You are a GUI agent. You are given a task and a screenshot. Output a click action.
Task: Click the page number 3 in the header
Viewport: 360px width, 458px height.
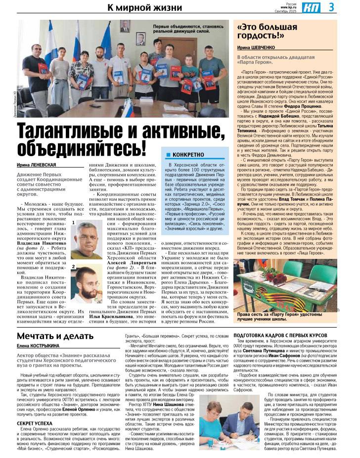click(346, 7)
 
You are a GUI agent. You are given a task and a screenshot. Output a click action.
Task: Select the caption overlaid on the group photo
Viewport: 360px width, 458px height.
click(188, 28)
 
